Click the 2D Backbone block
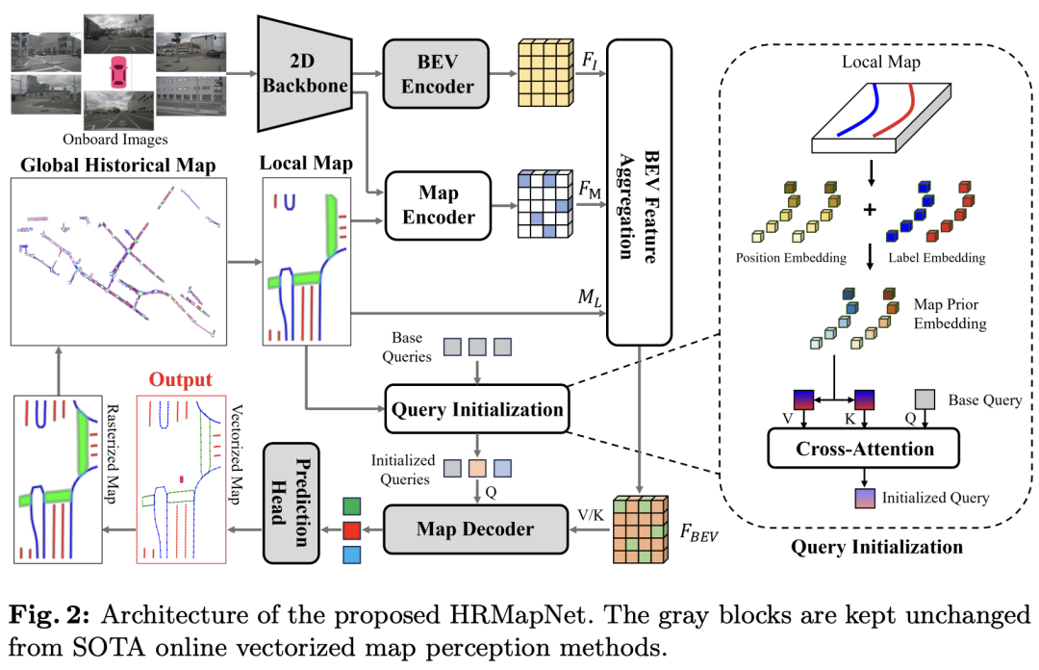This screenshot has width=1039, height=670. (x=301, y=72)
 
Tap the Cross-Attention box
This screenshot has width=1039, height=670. (x=864, y=449)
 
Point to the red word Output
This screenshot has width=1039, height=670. (x=180, y=380)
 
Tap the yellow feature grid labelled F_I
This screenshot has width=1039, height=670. (x=546, y=73)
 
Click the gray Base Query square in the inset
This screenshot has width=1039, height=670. (x=925, y=399)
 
